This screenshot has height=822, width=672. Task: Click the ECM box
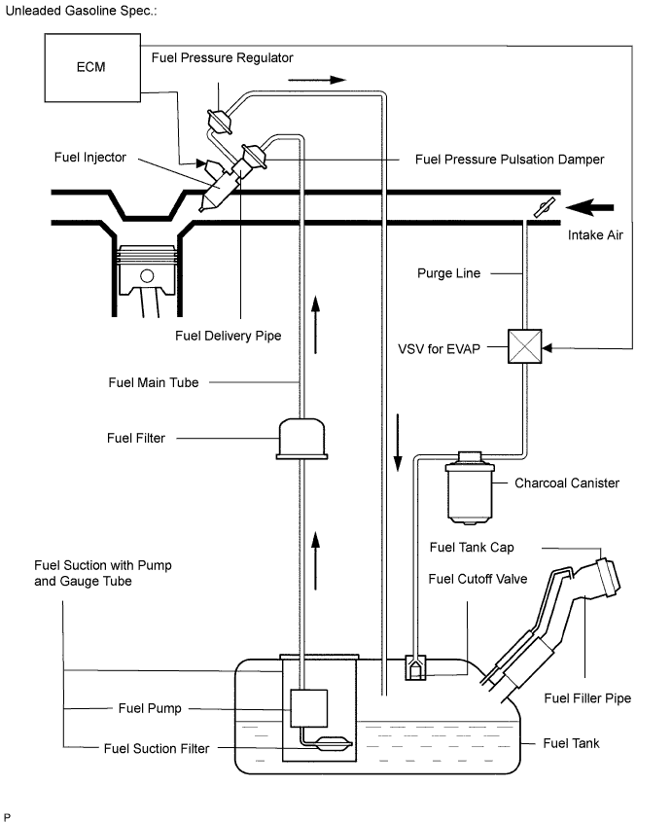click(x=92, y=69)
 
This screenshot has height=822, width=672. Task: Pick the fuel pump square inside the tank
click(x=310, y=707)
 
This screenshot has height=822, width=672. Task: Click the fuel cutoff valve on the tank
click(x=414, y=668)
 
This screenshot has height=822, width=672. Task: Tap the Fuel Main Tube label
click(x=153, y=382)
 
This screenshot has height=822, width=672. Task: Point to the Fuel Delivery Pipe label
click(x=229, y=336)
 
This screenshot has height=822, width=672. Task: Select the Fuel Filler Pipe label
click(x=587, y=697)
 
